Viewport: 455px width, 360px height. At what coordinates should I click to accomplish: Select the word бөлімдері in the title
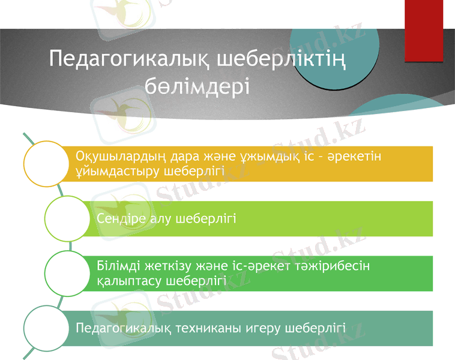(197, 87)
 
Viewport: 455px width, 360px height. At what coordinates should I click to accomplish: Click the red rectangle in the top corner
(423, 31)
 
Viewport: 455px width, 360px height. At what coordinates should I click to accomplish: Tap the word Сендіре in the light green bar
(116, 218)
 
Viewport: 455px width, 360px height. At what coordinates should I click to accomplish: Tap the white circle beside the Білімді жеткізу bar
(70, 273)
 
